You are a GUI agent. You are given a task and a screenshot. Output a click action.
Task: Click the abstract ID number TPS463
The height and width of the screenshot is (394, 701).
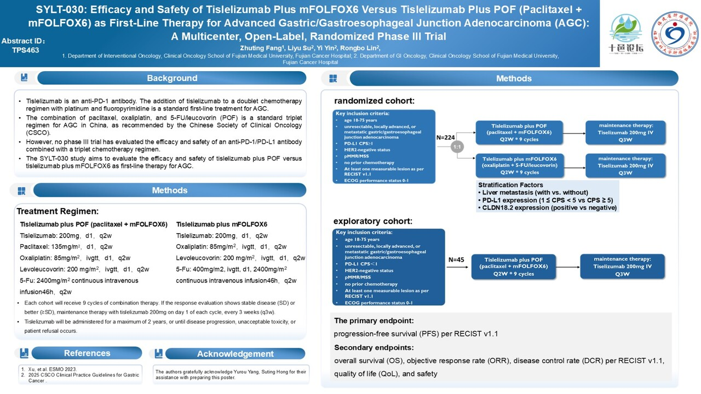coord(25,50)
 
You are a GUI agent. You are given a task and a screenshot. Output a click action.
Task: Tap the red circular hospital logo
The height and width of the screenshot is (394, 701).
coord(674,34)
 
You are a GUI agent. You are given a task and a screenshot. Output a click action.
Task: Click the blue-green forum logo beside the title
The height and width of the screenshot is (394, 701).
coord(626,33)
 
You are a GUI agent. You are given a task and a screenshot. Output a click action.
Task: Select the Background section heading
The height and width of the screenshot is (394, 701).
coord(171,78)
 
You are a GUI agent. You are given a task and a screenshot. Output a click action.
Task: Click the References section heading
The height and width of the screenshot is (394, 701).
coord(87,353)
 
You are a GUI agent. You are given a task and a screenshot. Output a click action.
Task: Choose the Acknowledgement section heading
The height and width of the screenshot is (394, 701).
coord(235,354)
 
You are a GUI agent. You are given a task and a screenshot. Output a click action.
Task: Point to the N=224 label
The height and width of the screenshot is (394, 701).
coord(446,138)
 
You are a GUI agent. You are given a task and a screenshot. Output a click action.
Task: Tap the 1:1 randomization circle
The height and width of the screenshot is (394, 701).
coord(457,147)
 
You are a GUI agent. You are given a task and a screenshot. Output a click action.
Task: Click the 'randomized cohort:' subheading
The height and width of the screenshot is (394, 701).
coord(374,101)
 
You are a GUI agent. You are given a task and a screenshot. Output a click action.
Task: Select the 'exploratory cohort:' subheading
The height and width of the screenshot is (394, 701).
coord(372,221)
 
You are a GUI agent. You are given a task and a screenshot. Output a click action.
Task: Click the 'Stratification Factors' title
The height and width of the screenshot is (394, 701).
coord(510,185)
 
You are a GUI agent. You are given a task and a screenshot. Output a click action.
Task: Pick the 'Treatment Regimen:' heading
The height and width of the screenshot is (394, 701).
coord(58,211)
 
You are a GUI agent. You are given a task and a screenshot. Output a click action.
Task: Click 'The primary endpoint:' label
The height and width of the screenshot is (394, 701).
coord(374,321)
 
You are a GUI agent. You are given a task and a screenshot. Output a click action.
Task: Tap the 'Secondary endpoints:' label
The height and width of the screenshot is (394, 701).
coord(374,347)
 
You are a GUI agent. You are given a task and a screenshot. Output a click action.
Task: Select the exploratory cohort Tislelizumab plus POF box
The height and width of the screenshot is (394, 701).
coord(513,266)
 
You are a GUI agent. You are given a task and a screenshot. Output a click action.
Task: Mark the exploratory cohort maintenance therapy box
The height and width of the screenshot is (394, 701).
coord(622,266)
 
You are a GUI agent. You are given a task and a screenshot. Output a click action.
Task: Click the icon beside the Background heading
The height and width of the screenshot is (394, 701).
coord(24,78)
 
